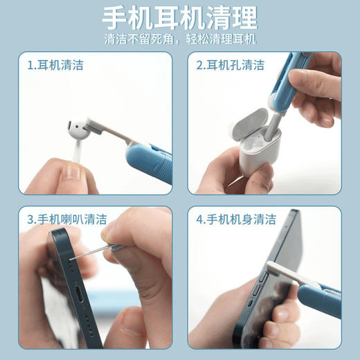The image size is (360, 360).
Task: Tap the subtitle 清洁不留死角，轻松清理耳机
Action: click(x=179, y=39)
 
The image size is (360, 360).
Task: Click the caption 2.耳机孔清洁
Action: click(x=231, y=66)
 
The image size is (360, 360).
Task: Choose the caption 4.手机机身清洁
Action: click(x=236, y=219)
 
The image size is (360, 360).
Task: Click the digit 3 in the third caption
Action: click(x=30, y=219)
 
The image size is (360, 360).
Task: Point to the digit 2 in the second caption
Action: click(x=199, y=66)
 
